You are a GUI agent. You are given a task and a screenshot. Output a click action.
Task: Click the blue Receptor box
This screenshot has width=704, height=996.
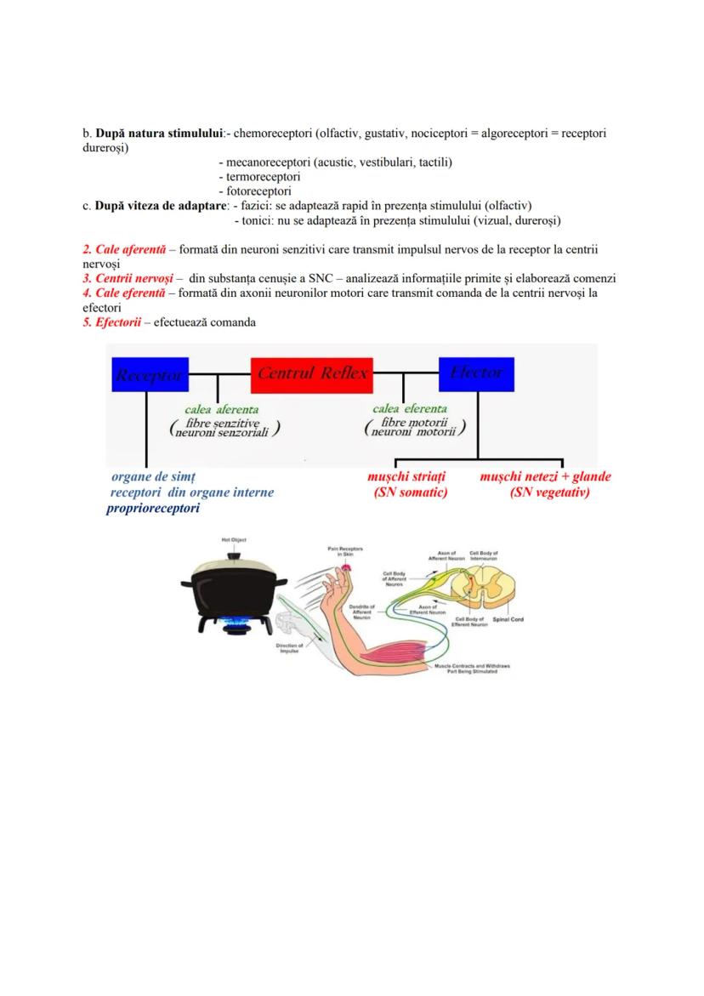tap(150, 374)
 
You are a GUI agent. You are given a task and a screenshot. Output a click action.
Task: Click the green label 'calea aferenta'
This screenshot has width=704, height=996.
tap(222, 409)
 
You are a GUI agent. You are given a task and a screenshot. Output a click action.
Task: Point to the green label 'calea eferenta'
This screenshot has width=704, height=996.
tap(410, 409)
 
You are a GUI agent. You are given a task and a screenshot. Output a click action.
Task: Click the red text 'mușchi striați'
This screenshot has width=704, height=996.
tap(406, 477)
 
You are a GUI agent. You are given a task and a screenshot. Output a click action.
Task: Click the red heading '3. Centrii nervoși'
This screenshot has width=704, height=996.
tap(128, 279)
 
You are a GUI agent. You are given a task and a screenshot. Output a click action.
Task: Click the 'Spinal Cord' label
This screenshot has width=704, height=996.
tap(508, 620)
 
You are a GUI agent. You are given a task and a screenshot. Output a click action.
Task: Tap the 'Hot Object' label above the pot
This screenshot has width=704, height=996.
tap(233, 540)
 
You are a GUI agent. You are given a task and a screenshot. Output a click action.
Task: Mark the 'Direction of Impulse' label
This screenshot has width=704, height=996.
tap(287, 647)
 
